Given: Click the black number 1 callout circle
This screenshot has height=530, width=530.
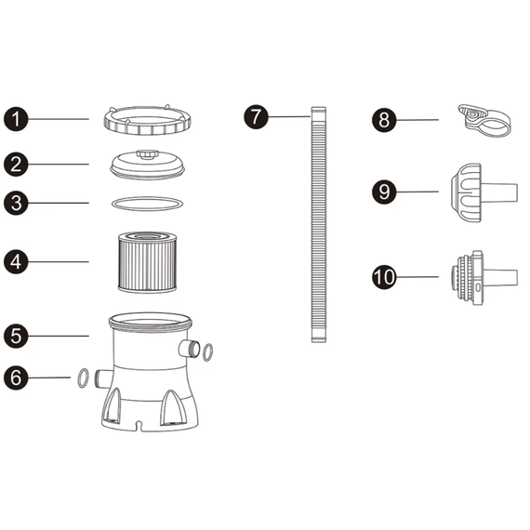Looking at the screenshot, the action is pyautogui.click(x=16, y=119).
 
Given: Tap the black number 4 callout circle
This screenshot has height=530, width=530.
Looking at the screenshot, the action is pyautogui.click(x=16, y=261).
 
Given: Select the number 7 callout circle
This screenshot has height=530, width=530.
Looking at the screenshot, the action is pyautogui.click(x=256, y=116).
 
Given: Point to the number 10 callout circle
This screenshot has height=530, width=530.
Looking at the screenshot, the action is pyautogui.click(x=384, y=277).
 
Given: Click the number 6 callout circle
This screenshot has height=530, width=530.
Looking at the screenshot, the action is pyautogui.click(x=16, y=378).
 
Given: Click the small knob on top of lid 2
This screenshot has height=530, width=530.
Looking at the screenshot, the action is pyautogui.click(x=147, y=154).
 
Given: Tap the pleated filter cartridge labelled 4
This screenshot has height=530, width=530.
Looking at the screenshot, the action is pyautogui.click(x=147, y=261).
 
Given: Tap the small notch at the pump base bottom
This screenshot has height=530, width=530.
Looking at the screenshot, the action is pyautogui.click(x=138, y=424).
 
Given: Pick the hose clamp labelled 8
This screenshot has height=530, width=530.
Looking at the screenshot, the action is pyautogui.click(x=484, y=121).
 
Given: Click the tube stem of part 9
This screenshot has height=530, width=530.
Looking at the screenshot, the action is pyautogui.click(x=499, y=193).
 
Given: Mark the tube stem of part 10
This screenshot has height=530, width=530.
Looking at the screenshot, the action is pyautogui.click(x=500, y=278).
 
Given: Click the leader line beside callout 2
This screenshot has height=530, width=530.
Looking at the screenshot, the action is pyautogui.click(x=59, y=165).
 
